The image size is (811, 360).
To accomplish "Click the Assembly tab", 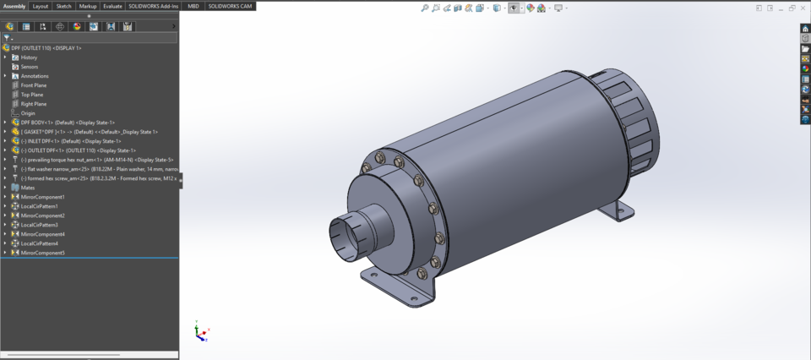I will coord(14,6).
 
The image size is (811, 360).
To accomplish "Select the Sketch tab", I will coord(63,6).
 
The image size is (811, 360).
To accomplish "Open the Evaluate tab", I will coord(112,6).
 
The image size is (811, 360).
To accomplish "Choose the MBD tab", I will coord(193,6).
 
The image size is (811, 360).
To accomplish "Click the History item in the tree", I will coord(29,57).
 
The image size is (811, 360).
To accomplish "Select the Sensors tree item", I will coord(29,67).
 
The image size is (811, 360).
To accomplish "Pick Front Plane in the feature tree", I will coord(34,85).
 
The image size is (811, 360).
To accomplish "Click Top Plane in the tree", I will coord(32,95).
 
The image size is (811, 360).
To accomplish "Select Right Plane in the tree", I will coord(34,104).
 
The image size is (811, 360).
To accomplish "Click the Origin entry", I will coord(28,113).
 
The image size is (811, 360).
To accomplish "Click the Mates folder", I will coord(29,188).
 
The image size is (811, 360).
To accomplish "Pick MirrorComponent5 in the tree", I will coord(42,253).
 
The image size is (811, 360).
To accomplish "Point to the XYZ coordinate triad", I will coord(199,333).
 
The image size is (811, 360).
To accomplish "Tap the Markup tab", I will coord(88,6).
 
